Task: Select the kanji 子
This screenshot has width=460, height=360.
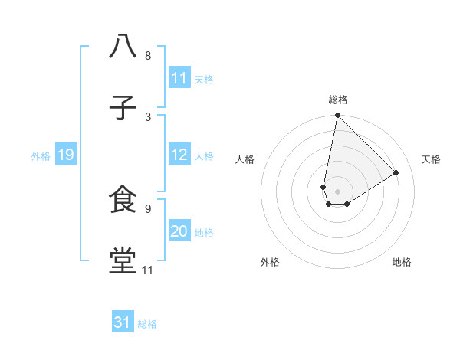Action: click(x=123, y=107)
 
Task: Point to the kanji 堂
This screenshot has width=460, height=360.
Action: click(x=123, y=260)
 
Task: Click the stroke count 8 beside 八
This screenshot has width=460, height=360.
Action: click(x=148, y=56)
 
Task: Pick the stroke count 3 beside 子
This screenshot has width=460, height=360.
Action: click(x=148, y=116)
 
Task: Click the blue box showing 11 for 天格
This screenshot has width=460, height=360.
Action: click(x=179, y=78)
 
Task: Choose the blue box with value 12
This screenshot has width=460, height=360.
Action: click(x=179, y=155)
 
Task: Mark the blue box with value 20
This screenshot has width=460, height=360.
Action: click(x=179, y=231)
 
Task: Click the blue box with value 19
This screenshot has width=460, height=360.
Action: click(x=65, y=155)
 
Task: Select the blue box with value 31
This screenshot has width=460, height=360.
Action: click(x=123, y=322)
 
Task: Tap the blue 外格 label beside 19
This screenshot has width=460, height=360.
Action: click(x=41, y=156)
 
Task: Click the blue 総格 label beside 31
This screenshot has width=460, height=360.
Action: click(x=147, y=324)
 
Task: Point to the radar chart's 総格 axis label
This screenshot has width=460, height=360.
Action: click(x=338, y=100)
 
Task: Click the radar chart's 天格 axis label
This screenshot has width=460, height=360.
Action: click(x=431, y=159)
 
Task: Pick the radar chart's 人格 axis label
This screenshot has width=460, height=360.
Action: click(x=245, y=159)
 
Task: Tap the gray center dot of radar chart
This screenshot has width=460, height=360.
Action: click(x=337, y=191)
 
